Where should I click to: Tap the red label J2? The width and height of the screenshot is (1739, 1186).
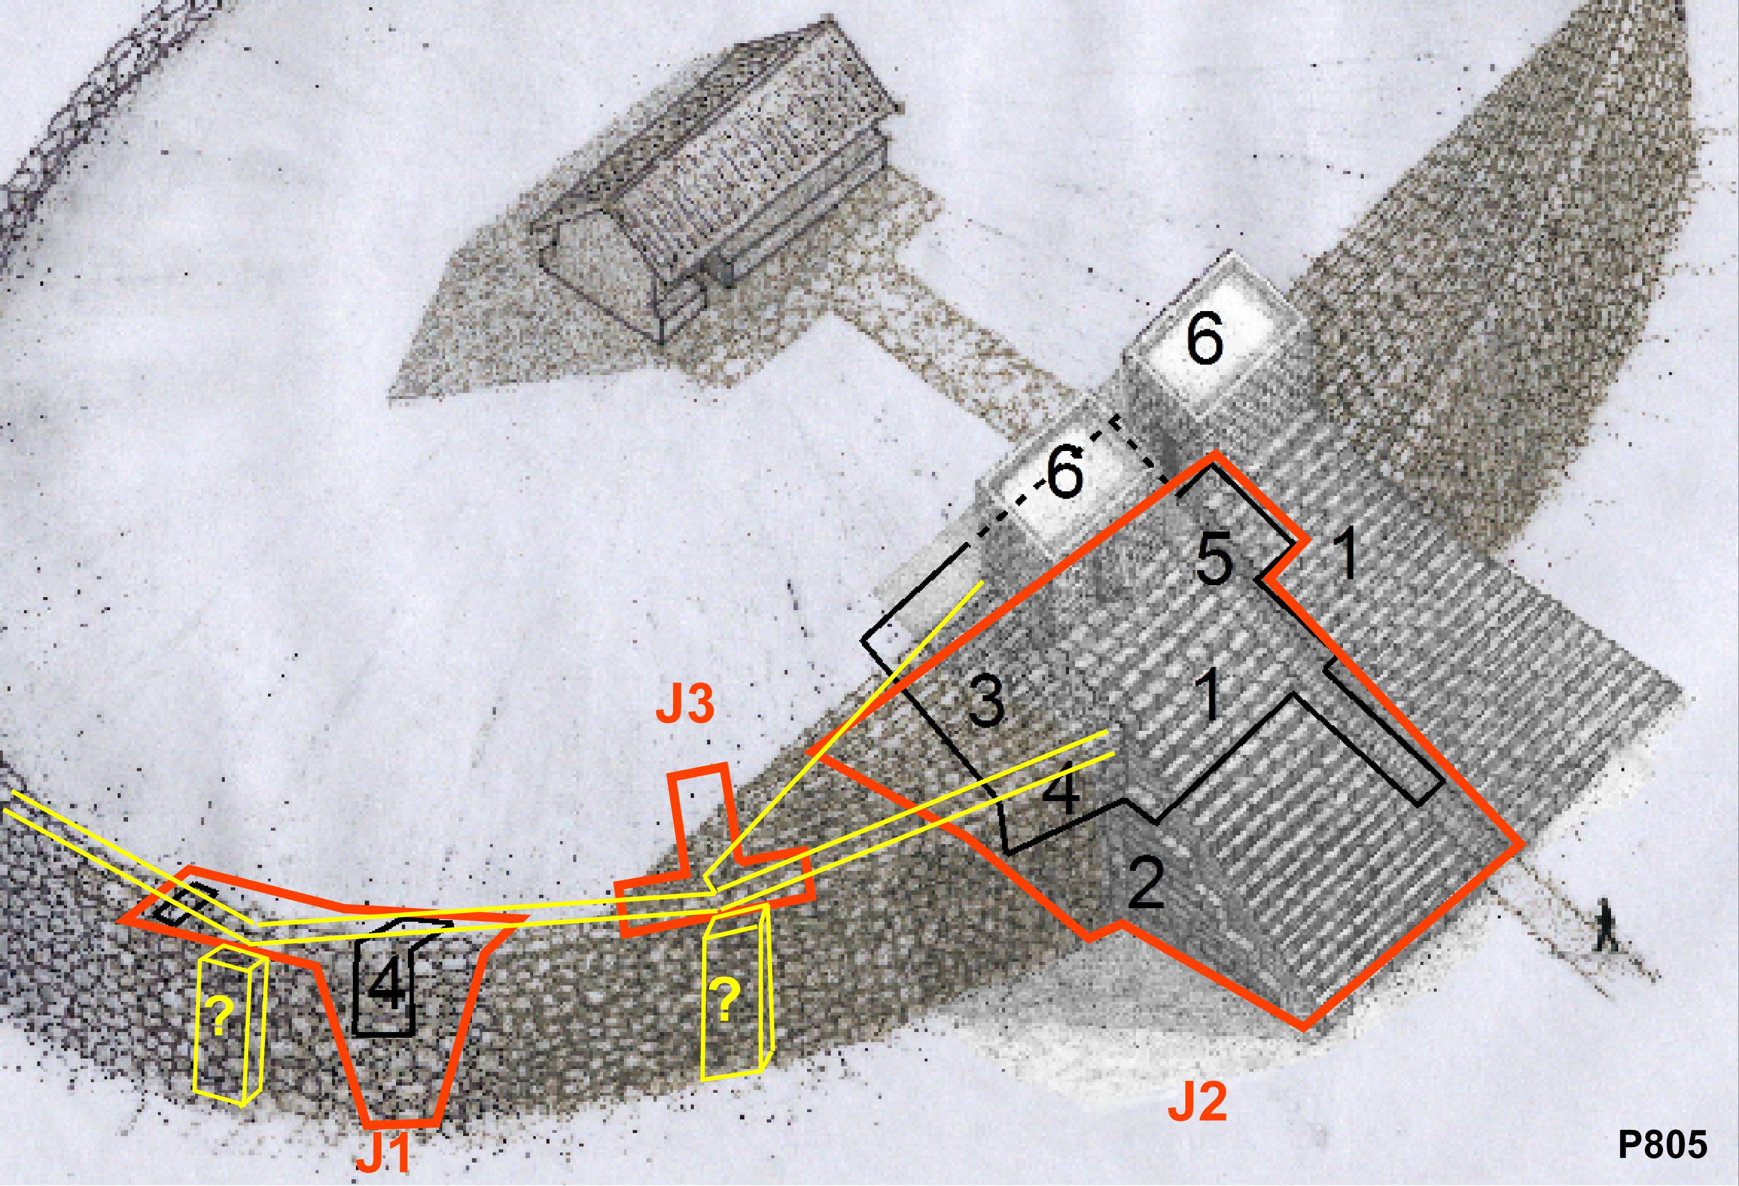coord(1199,1101)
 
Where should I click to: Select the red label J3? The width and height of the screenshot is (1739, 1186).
coord(685,705)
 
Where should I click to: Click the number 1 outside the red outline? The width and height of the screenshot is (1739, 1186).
coord(1346,555)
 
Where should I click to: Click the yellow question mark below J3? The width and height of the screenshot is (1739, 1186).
coord(725,1001)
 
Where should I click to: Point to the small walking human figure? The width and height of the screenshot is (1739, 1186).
coord(1604,927)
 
